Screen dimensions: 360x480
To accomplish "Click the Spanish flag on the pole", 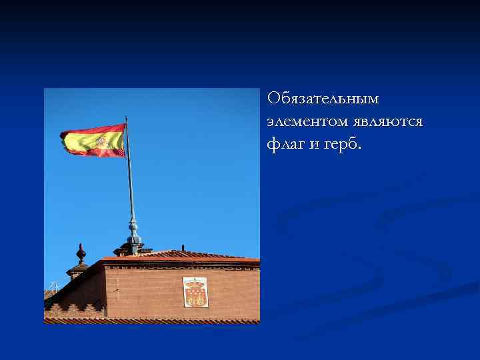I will click(x=93, y=140).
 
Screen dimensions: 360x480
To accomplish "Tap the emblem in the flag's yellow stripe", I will click(x=101, y=141).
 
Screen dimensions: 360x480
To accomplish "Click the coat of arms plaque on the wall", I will click(x=195, y=292).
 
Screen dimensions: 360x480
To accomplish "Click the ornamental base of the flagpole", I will click(x=134, y=237).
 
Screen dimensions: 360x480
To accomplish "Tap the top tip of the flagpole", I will click(x=126, y=118).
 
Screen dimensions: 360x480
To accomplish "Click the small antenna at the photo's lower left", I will click(x=53, y=287).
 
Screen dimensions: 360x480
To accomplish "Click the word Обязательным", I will click(x=323, y=99).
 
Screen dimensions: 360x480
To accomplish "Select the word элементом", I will click(x=303, y=121).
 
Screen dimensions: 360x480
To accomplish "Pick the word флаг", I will click(x=285, y=144).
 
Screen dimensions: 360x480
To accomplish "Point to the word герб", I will click(x=339, y=144).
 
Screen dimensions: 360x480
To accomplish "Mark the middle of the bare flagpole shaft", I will click(x=130, y=180).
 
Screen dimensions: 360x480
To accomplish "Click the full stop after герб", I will click(x=359, y=148).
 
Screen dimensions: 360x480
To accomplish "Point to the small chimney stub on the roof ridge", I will click(x=183, y=249).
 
